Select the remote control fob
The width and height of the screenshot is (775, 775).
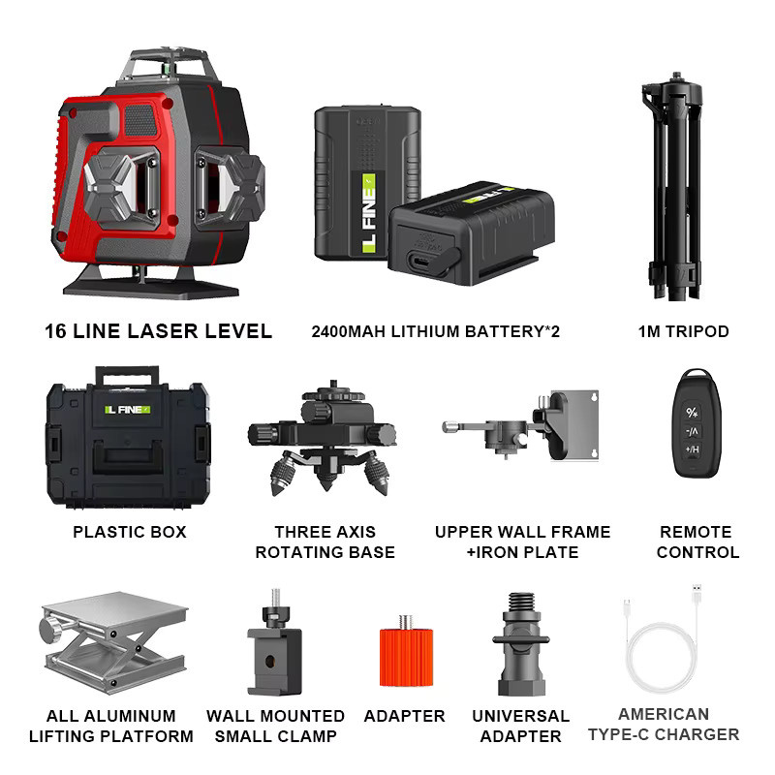pos(696,423)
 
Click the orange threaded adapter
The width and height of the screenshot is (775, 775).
pos(406,653)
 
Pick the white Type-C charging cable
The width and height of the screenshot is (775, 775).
pos(663,642)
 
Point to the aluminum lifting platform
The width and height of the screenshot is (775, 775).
pos(113,641)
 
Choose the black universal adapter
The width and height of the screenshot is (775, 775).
pos(521,644)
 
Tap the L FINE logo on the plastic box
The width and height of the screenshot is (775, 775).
pos(127,410)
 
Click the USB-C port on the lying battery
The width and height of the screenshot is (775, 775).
pos(420,260)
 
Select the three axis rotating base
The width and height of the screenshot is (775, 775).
pos(323,439)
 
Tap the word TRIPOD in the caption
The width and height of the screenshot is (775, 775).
pos(697,331)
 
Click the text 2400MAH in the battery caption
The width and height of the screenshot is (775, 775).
pos(348,331)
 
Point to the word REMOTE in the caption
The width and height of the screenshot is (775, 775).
pos(696,532)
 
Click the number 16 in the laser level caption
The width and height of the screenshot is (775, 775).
pos(55,331)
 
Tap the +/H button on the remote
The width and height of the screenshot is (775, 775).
pos(693,449)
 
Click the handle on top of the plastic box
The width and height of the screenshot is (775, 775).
pos(128,376)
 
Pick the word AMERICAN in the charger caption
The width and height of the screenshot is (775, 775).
pos(664,714)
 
